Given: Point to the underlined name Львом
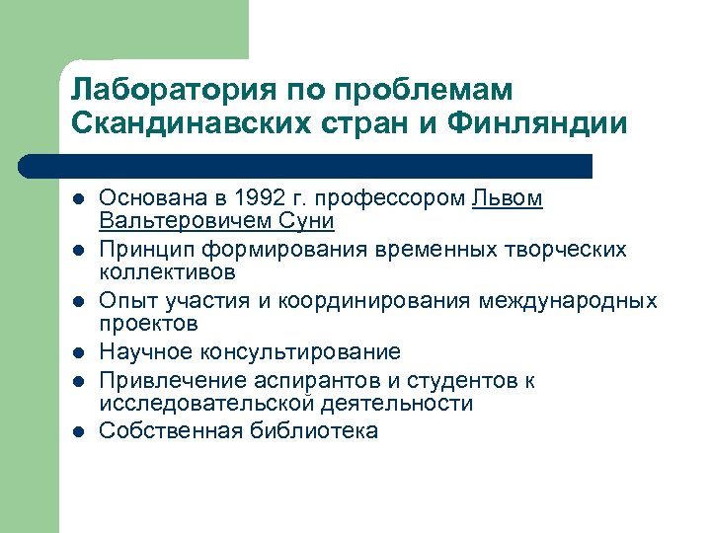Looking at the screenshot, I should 508,198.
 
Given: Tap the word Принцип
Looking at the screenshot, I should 149,250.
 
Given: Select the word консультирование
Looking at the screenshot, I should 294,352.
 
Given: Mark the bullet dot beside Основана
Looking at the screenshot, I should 78,199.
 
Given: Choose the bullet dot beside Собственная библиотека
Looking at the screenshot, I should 78,432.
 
